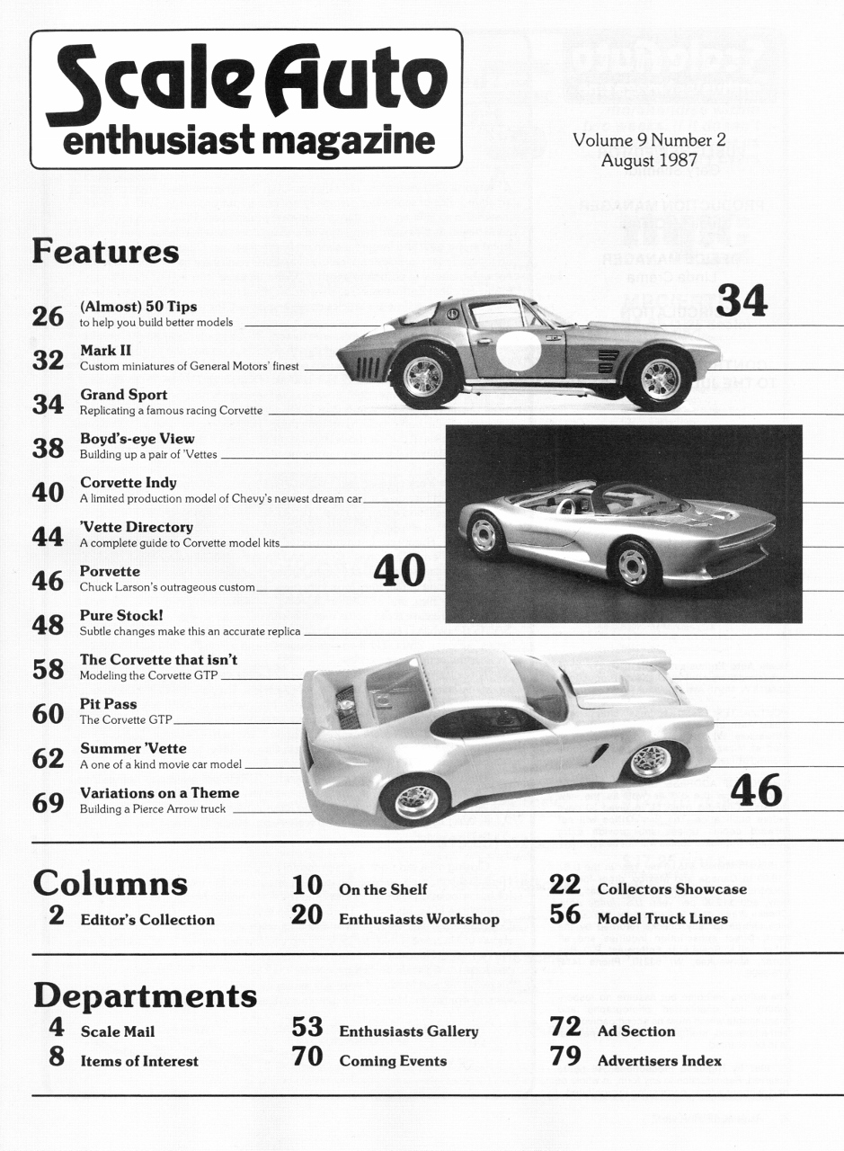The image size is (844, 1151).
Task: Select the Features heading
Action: (x=106, y=252)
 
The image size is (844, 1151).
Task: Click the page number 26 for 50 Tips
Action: (x=47, y=317)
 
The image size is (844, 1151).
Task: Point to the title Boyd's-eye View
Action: (x=138, y=439)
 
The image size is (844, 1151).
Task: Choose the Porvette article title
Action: (x=111, y=571)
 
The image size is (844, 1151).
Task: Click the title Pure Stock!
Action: (x=121, y=616)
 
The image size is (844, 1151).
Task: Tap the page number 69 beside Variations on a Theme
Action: (x=47, y=803)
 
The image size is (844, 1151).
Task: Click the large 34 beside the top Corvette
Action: (x=742, y=301)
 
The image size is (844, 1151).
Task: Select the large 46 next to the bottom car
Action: (x=756, y=790)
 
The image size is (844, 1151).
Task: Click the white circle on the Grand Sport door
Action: (x=518, y=351)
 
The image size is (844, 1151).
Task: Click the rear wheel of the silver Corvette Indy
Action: (x=484, y=535)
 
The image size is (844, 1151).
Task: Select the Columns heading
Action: (x=111, y=883)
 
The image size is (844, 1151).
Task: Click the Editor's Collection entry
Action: (x=147, y=920)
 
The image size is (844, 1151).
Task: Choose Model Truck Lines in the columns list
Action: (x=662, y=919)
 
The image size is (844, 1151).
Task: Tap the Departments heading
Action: (x=145, y=995)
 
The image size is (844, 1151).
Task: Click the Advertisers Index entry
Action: (x=659, y=1061)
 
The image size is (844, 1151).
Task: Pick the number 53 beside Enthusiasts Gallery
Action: (x=307, y=1028)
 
